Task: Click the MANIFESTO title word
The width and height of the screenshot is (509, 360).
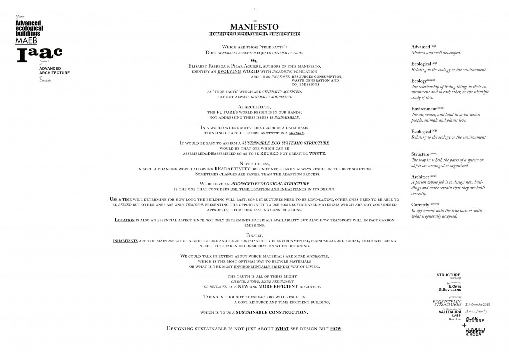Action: tap(254, 26)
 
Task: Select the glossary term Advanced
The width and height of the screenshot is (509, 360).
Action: tap(421, 47)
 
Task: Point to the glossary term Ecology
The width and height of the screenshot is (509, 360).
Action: tap(419, 81)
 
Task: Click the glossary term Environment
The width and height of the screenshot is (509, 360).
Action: tap(424, 109)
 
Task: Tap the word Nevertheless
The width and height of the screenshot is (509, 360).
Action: tap(254, 163)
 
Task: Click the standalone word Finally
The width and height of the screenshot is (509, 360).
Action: tap(254, 235)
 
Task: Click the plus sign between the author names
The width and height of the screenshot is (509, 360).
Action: tap(464, 326)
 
